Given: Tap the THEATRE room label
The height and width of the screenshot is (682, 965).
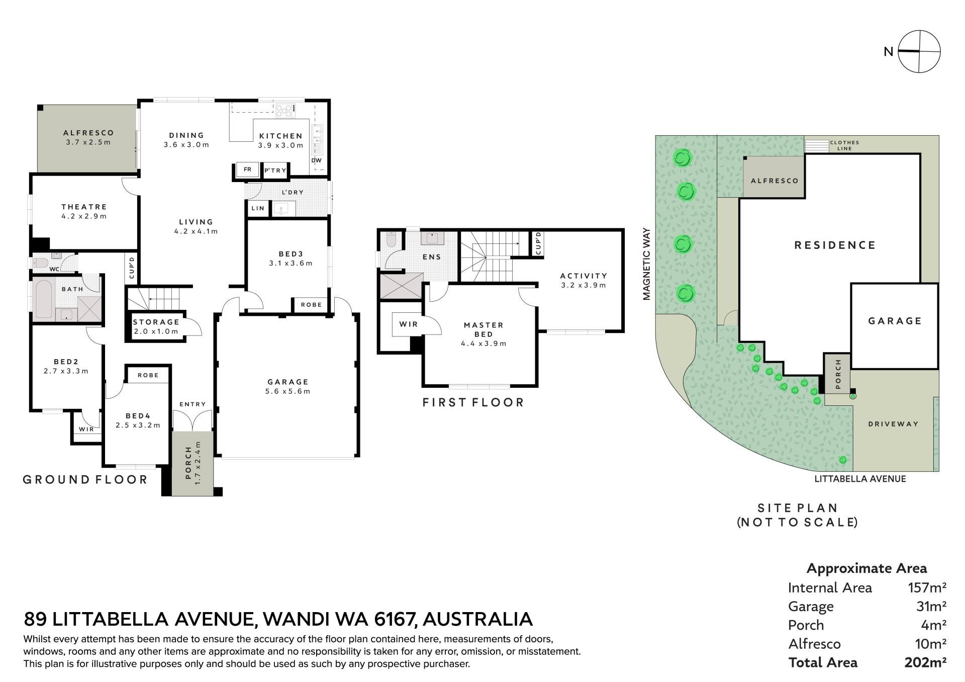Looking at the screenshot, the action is coord(84,207).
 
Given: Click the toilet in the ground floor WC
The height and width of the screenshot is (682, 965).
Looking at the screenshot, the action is coord(39,263).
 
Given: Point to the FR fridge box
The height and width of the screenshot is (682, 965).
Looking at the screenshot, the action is coord(247,169).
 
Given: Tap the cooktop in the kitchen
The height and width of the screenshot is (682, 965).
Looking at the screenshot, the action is coord(285,111).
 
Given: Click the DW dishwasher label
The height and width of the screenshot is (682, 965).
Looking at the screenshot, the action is coord(316,160).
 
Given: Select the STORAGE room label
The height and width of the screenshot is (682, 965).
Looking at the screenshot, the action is coord(156,322).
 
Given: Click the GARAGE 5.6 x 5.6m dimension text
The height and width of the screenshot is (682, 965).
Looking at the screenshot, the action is coord(288,391).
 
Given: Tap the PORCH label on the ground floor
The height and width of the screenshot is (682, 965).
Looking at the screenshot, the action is coord(188,463).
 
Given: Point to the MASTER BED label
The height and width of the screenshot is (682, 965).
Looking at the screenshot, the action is coord(484,329).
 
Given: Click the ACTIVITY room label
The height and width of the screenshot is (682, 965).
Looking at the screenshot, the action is coord(584,276).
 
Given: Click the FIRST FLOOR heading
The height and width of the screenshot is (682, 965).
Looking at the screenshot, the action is coord(473,402).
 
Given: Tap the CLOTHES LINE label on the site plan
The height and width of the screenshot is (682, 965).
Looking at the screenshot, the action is coord(844,145).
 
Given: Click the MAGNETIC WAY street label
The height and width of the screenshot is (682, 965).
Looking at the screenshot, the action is coord(646,264).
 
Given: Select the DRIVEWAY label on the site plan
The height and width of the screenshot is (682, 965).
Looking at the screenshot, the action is coord(893,424).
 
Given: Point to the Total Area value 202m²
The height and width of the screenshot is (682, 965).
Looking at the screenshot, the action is coord(925,662).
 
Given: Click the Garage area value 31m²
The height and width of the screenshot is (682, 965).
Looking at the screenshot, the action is coord(931,606).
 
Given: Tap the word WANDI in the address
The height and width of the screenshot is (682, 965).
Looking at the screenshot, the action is coord(295,619).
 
